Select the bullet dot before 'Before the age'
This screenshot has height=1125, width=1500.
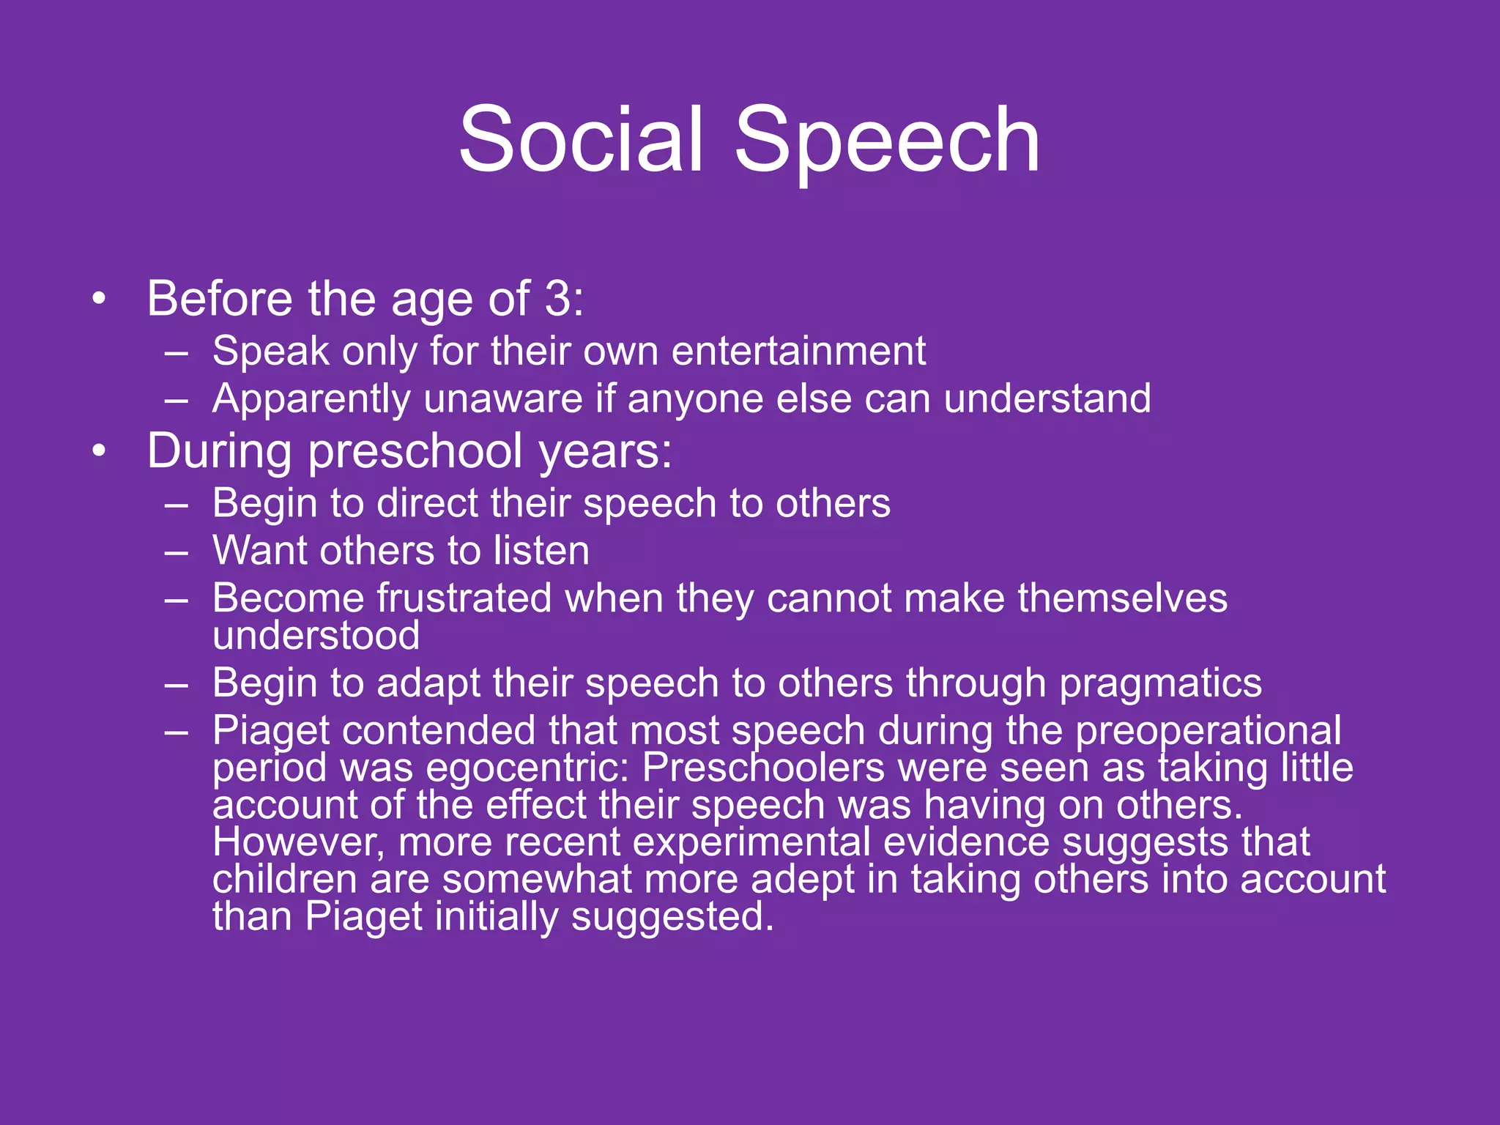[99, 299]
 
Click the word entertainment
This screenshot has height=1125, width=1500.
[798, 351]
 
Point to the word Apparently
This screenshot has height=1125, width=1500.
[311, 400]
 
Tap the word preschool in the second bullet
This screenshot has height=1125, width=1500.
[415, 452]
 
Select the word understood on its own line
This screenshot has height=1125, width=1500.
[316, 635]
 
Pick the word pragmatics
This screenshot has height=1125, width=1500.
[1160, 684]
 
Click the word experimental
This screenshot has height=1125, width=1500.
[751, 842]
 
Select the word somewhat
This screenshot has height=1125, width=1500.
[536, 879]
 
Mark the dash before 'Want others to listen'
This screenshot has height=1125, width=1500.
[177, 551]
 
